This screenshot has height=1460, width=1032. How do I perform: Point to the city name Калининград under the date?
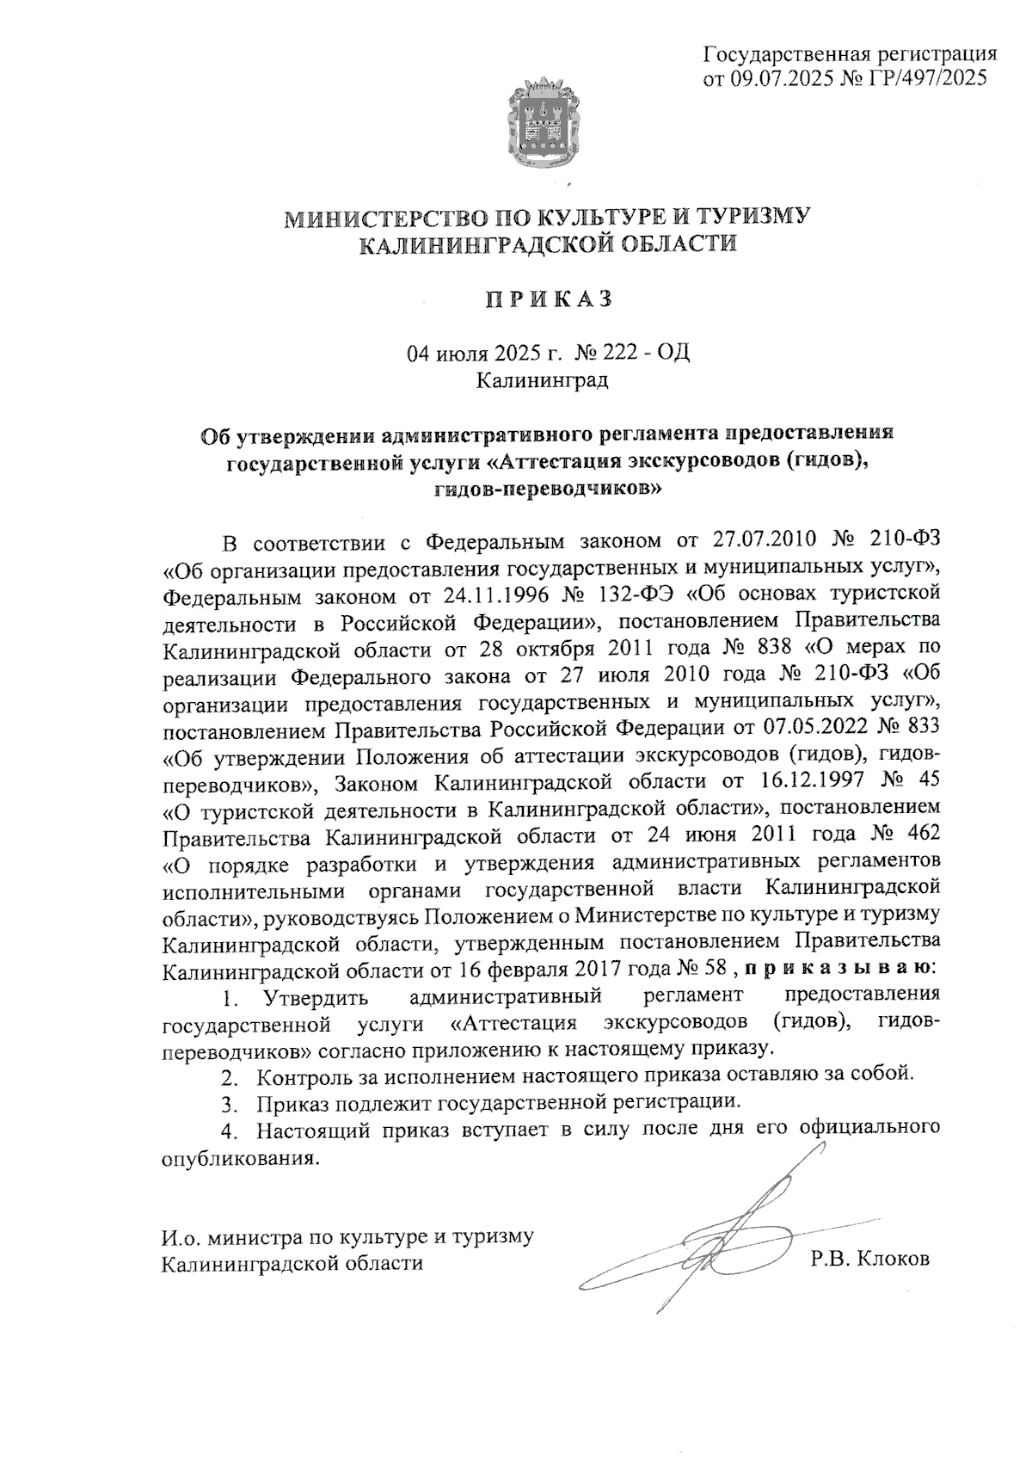tap(543, 379)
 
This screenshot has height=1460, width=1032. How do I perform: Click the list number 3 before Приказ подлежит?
tap(228, 1102)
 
